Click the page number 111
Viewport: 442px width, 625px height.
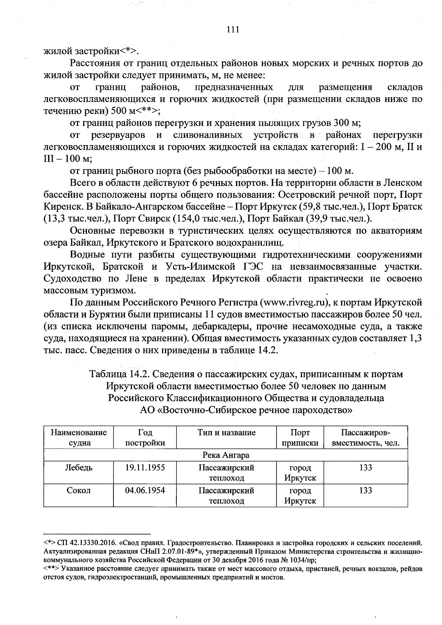point(233,29)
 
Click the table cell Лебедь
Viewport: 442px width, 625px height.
point(78,468)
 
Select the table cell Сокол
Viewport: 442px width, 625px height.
point(78,491)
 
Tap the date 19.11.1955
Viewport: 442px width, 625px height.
point(145,468)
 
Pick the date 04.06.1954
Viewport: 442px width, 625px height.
point(145,491)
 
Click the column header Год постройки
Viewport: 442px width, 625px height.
point(145,438)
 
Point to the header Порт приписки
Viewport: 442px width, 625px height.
point(300,438)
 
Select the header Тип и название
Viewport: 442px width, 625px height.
point(226,432)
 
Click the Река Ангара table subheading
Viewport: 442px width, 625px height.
point(226,455)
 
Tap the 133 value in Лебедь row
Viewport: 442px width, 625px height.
point(365,468)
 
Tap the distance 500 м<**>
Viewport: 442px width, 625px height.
point(132,111)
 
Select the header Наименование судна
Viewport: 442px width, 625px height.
point(78,438)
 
